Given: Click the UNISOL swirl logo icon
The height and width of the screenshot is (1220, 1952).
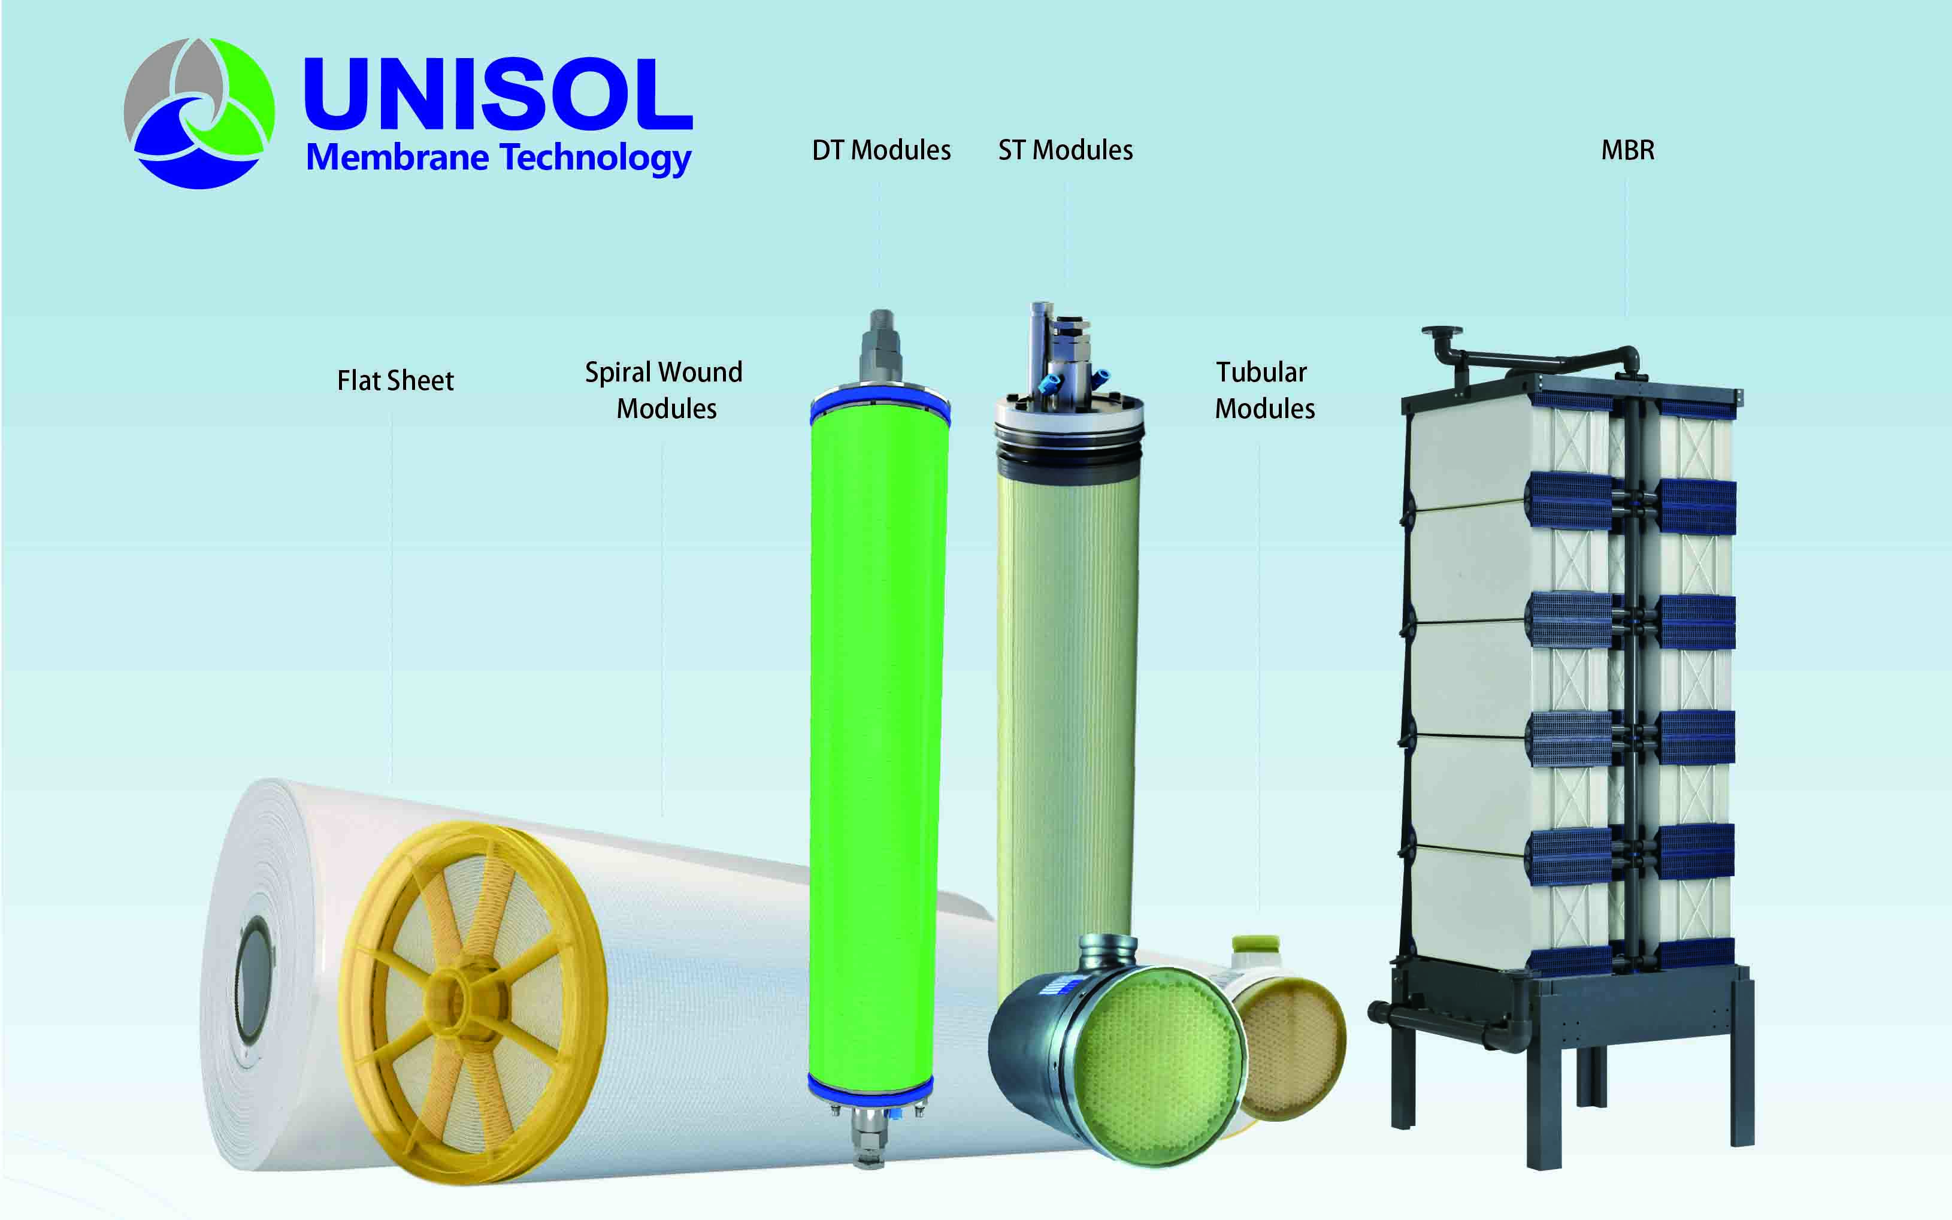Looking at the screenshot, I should (198, 113).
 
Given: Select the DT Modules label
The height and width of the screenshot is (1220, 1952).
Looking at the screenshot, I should (881, 150).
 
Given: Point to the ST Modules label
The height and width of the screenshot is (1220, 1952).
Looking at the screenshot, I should (1065, 150).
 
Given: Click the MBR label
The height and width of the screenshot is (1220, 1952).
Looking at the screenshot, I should (1627, 150).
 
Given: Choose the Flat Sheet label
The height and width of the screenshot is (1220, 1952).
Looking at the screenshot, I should (395, 380).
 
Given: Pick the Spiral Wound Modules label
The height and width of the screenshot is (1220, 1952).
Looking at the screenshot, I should (663, 390).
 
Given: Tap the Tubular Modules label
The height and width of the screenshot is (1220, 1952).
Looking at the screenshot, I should (1264, 390).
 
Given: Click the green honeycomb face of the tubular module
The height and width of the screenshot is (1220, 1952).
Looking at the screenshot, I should (1154, 1065).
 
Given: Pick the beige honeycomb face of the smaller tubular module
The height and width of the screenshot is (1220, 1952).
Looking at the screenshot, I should (1291, 1049).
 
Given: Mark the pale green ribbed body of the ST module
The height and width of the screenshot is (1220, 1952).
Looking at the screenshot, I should (1065, 686).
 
